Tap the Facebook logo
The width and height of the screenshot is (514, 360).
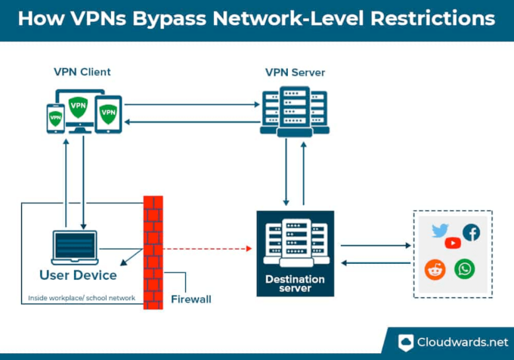(x=471, y=232)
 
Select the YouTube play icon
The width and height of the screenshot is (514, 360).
(x=453, y=243)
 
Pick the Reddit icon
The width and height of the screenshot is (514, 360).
(x=435, y=269)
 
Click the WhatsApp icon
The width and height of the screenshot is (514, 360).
(x=464, y=268)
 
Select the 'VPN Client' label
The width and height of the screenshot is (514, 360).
(x=82, y=73)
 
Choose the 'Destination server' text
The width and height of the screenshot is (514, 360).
(x=295, y=284)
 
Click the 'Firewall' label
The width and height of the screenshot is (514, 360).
(x=190, y=299)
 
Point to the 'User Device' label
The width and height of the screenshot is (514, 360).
(x=78, y=275)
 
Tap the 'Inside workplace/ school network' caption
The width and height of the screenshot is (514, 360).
(x=81, y=298)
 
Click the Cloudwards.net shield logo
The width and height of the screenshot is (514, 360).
(x=407, y=343)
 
